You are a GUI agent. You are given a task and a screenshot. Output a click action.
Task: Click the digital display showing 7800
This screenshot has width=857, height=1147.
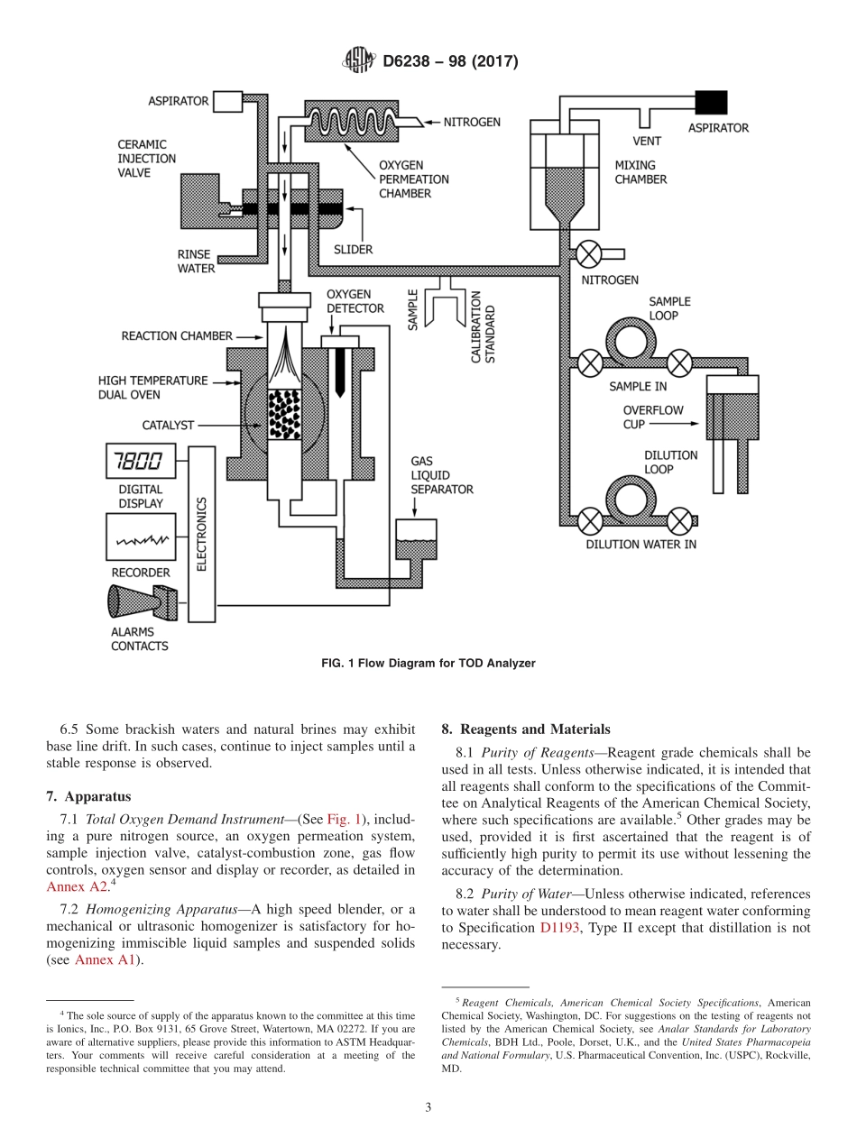tap(137, 463)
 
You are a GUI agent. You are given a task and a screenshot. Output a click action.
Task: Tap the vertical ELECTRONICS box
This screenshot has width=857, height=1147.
tap(202, 533)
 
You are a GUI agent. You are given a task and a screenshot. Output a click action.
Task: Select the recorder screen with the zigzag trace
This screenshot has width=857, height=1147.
tap(137, 540)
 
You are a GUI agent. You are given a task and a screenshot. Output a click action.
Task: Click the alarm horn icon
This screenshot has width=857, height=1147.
tap(141, 601)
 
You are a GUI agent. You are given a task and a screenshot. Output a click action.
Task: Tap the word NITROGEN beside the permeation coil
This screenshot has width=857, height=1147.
tap(472, 122)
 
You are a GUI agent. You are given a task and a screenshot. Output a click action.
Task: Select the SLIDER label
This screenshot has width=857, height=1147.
tap(353, 249)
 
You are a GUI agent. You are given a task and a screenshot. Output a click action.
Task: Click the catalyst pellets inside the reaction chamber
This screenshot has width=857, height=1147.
tap(285, 415)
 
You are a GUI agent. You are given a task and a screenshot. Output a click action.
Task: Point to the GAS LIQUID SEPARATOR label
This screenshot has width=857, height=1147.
tap(441, 475)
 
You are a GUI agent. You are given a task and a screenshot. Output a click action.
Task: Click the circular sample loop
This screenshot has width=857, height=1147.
tap(634, 342)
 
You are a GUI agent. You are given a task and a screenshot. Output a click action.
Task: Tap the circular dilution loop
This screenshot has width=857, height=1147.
tap(635, 499)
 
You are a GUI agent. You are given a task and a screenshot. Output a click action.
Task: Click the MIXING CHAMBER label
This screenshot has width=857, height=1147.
tap(640, 172)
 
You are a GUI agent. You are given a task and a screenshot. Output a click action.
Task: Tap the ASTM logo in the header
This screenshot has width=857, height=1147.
tap(359, 61)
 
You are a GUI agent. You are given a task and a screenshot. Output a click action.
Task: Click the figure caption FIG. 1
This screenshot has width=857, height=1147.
tap(428, 663)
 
